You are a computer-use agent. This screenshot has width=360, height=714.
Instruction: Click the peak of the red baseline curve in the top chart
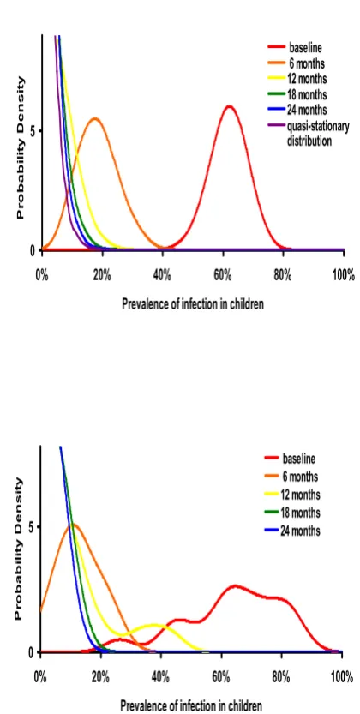point(229,106)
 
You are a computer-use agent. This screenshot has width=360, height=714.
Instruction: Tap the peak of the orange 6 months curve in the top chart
point(95,119)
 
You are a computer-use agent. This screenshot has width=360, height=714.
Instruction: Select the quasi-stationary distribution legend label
point(318,134)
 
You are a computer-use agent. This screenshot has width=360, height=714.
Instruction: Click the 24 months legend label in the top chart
point(307,110)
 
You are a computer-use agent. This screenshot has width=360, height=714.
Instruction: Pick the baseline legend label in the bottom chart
point(299,457)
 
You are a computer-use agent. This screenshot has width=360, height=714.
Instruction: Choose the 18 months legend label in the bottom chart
point(301,513)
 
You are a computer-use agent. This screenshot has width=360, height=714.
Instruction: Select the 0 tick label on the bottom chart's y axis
point(31,652)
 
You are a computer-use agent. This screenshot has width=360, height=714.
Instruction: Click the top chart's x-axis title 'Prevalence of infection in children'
point(193,304)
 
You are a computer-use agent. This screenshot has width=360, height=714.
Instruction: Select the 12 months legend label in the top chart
point(307,78)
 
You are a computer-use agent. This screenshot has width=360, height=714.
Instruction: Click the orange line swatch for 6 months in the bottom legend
point(271,477)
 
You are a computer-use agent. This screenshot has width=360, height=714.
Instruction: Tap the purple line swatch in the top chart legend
point(275,125)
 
